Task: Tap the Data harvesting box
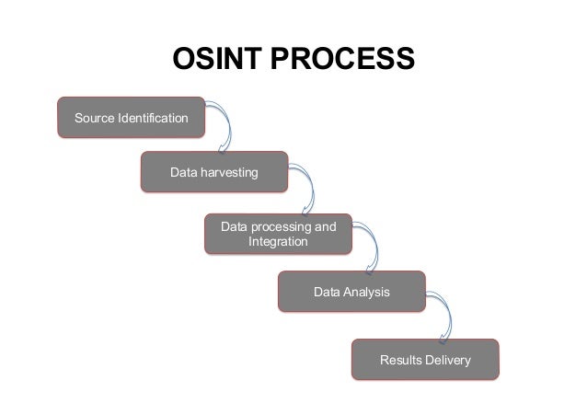click(x=213, y=172)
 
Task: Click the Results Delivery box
click(x=424, y=359)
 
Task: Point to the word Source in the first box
click(x=95, y=119)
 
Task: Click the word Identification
click(x=152, y=119)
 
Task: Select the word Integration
click(x=278, y=242)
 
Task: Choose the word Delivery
click(x=447, y=359)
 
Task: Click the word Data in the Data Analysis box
click(x=327, y=292)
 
